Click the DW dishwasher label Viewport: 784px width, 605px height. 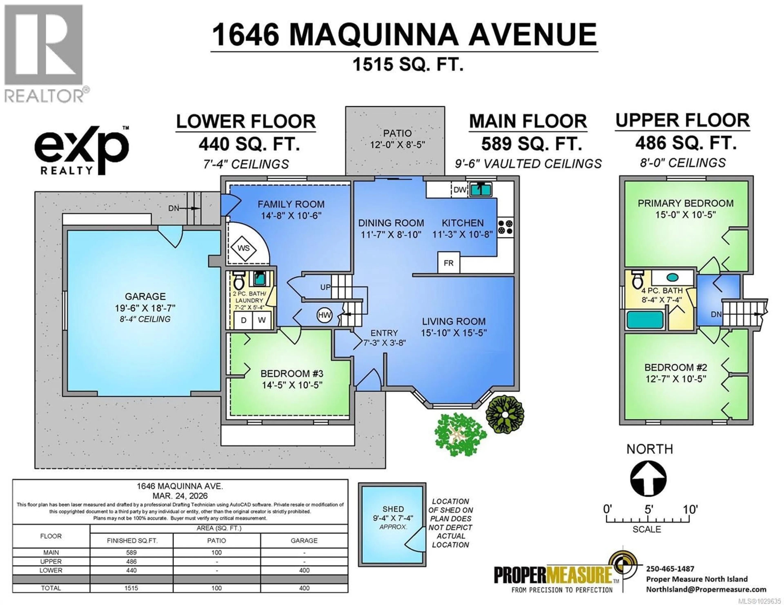click(x=460, y=190)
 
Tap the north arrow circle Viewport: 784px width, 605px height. click(x=648, y=478)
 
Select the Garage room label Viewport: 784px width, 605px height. click(x=145, y=296)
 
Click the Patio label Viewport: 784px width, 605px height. click(x=397, y=133)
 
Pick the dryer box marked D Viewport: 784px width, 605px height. click(x=243, y=320)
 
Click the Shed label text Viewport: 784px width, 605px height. click(x=393, y=509)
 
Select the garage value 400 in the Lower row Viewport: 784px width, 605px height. click(x=304, y=570)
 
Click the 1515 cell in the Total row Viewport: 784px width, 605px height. click(x=131, y=588)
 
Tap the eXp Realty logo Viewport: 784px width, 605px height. click(x=82, y=151)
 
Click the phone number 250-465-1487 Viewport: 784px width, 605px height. click(x=670, y=569)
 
